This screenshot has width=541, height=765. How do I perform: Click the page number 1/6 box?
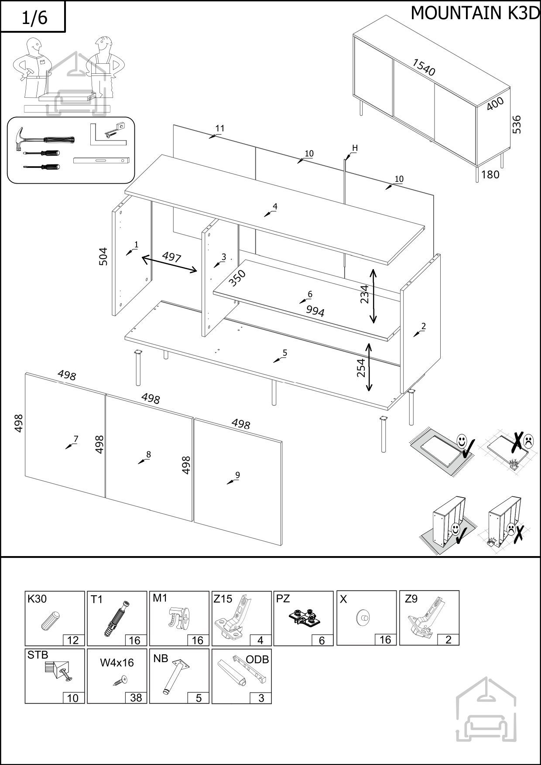click(33, 17)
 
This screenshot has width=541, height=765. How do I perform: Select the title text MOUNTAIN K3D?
click(475, 14)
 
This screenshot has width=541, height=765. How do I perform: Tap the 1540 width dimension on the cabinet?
click(424, 68)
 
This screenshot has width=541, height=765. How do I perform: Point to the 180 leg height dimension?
click(490, 174)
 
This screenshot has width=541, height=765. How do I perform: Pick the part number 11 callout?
click(220, 128)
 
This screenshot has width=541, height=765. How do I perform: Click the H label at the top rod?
click(355, 148)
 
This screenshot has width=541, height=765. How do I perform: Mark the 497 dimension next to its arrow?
click(171, 257)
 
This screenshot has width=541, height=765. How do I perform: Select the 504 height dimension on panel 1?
click(103, 256)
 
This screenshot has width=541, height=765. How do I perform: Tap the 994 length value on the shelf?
click(315, 311)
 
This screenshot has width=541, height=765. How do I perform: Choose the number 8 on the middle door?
click(148, 454)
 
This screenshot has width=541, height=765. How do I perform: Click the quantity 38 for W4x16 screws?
click(136, 698)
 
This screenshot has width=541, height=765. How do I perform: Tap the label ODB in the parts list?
click(257, 659)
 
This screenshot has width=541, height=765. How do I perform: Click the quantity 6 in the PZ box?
click(322, 640)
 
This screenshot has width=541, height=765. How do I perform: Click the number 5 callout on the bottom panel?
click(285, 353)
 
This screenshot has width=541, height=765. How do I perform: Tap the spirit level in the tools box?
click(102, 161)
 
